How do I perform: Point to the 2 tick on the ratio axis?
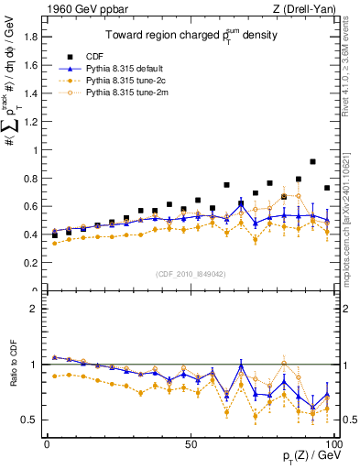point(36,309)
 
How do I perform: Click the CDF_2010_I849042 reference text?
point(189,272)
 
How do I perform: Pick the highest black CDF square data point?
point(313,161)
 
